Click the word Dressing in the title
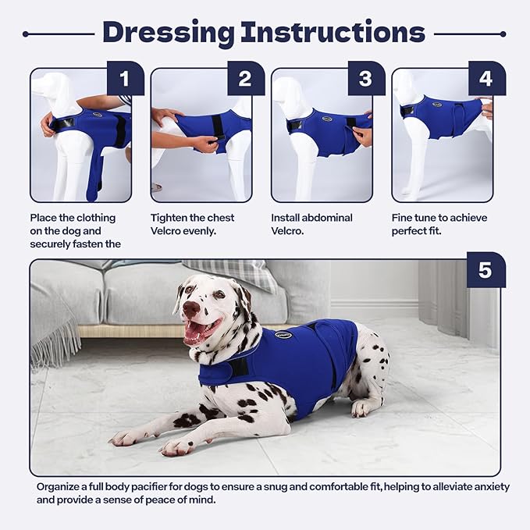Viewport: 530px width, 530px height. pyautogui.click(x=168, y=32)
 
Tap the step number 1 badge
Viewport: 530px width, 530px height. pyautogui.click(x=125, y=79)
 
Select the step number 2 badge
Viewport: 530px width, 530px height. pyautogui.click(x=245, y=79)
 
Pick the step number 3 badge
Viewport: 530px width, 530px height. pyautogui.click(x=365, y=79)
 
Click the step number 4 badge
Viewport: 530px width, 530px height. pyautogui.click(x=486, y=79)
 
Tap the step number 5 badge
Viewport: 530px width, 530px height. pyautogui.click(x=485, y=271)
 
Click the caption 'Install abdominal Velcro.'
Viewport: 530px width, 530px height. pyautogui.click(x=312, y=225)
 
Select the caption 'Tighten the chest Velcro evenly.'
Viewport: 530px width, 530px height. pyautogui.click(x=192, y=225)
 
